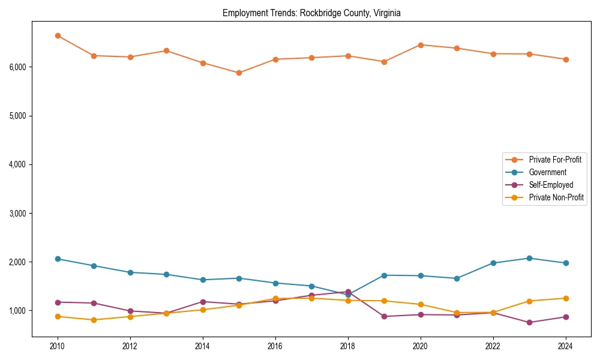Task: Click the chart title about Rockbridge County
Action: (311, 13)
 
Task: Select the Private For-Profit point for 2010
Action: (58, 36)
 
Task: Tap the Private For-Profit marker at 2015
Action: (239, 73)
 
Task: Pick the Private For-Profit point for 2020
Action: (421, 45)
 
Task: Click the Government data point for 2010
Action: (58, 259)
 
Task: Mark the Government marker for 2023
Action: (529, 258)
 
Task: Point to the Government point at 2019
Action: (384, 275)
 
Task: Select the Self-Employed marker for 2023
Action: (529, 322)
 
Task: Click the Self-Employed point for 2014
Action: (203, 302)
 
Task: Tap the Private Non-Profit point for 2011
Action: (94, 320)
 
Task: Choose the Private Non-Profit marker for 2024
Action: (566, 298)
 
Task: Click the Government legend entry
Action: (547, 172)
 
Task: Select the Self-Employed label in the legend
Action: (551, 185)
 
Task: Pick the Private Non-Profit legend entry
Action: (556, 197)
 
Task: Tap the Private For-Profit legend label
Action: (555, 160)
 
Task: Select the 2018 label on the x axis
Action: (348, 346)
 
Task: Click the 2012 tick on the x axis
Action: (130, 346)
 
